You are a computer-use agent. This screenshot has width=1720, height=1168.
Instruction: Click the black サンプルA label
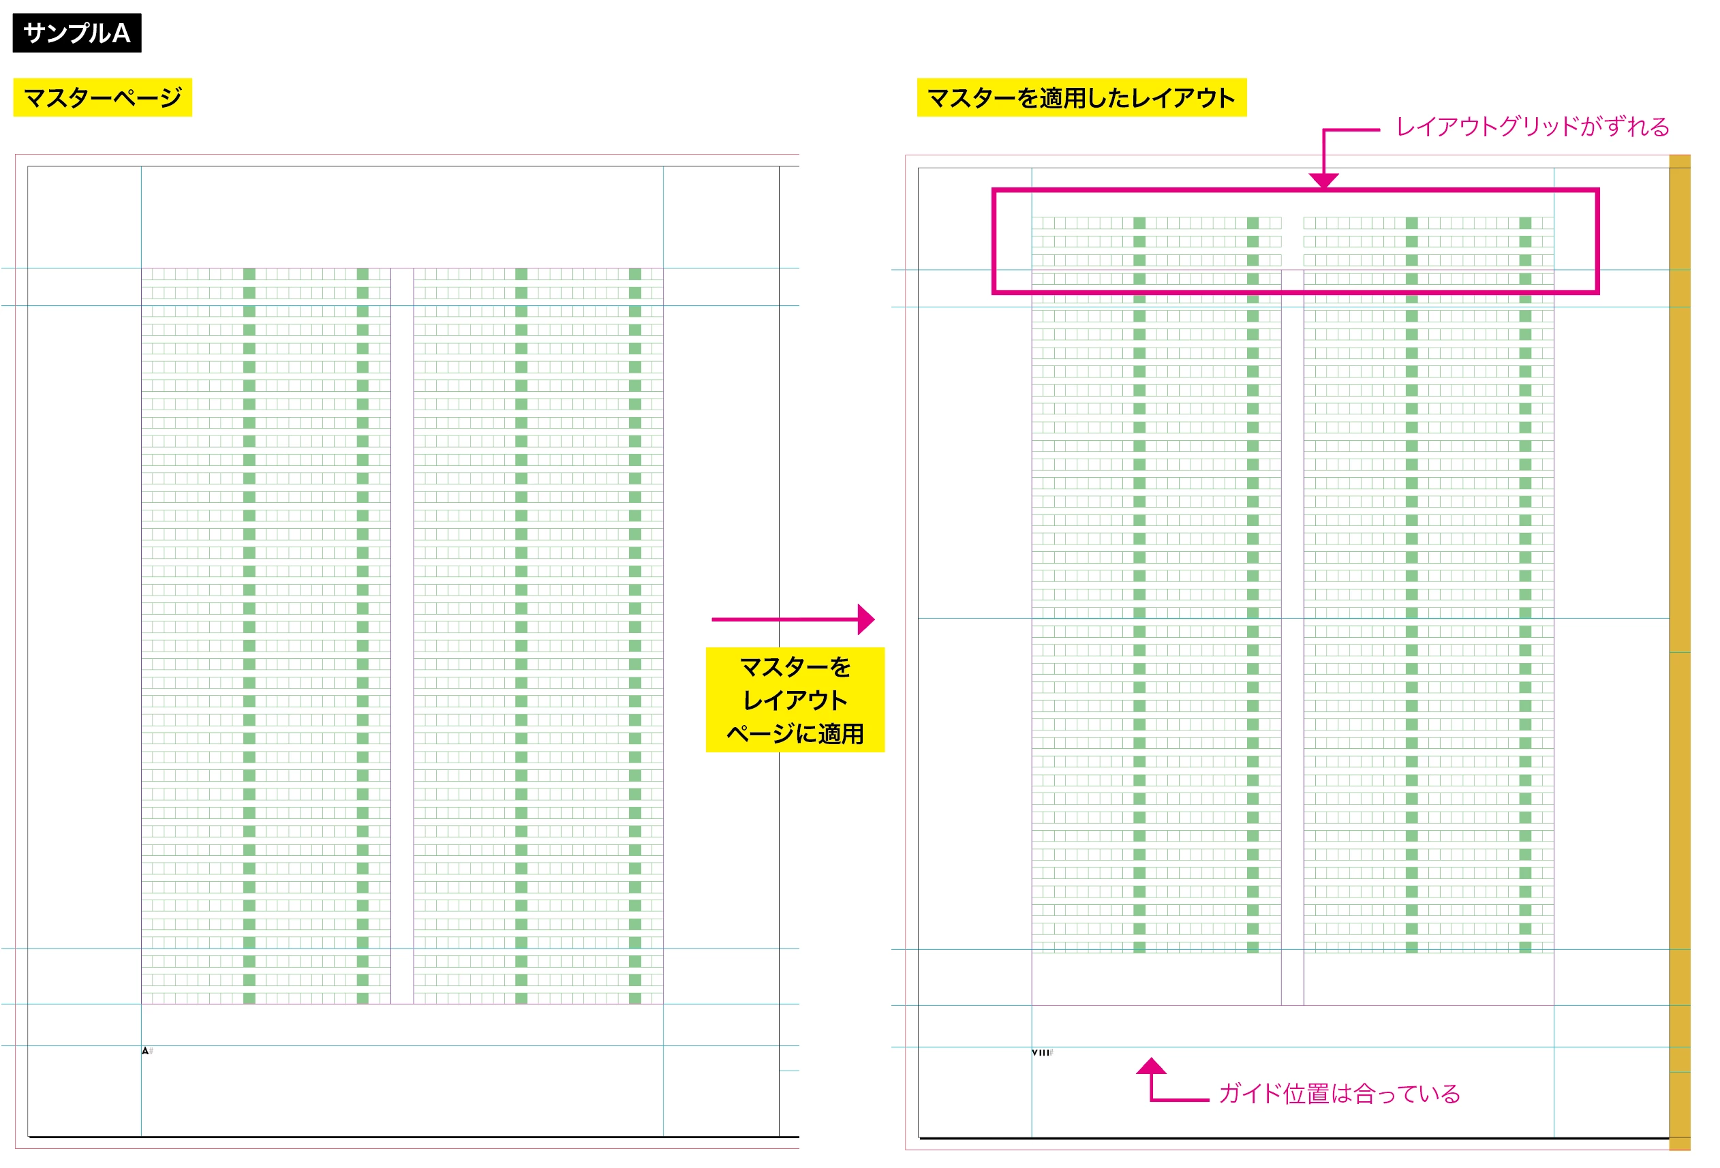tap(77, 33)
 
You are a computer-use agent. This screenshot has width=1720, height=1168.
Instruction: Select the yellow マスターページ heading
tap(103, 97)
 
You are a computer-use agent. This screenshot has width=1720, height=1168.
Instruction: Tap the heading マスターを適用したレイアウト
tap(1081, 97)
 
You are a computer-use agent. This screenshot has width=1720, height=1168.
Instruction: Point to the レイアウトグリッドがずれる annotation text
tap(1533, 127)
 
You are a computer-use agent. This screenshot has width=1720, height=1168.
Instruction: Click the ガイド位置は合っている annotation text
tap(1340, 1093)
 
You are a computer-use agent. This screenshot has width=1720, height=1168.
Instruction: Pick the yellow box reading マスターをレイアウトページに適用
tap(795, 699)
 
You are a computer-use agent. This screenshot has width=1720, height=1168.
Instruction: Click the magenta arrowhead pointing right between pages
tap(866, 619)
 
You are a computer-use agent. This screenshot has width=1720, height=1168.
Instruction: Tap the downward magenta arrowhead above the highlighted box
tap(1323, 181)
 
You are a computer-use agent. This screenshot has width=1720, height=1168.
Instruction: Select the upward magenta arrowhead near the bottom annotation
tap(1151, 1066)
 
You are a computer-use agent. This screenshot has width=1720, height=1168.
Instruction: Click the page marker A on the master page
tap(145, 1050)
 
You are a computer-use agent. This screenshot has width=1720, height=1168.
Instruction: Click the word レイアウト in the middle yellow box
tap(795, 701)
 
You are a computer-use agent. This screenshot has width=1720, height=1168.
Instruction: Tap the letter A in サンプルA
tap(121, 33)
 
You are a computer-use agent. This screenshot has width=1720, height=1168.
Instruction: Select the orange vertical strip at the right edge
tap(1679, 652)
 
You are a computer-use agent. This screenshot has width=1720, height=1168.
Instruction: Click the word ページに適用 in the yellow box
tap(795, 733)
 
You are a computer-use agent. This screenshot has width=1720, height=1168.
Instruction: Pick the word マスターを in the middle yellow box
tap(795, 667)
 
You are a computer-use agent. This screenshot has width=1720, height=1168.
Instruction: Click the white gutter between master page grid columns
tap(402, 636)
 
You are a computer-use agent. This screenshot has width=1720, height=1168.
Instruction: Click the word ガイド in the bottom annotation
tap(1249, 1093)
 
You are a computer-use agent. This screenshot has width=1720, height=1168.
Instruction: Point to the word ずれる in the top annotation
tap(1636, 127)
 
